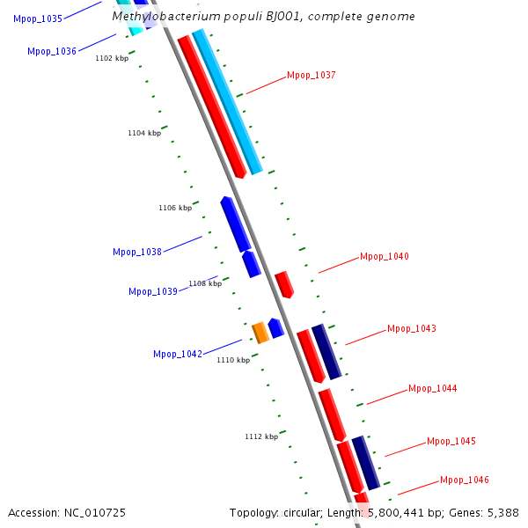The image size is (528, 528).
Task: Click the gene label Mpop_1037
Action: (311, 76)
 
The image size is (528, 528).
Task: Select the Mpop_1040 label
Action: (384, 257)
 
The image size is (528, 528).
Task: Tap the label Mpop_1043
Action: (411, 329)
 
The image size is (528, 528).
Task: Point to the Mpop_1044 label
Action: (432, 389)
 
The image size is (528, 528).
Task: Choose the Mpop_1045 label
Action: (451, 442)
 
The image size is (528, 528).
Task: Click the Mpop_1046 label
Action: (464, 480)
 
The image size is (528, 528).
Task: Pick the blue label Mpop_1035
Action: (38, 18)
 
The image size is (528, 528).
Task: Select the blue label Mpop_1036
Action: (51, 52)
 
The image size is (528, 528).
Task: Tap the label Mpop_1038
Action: (136, 253)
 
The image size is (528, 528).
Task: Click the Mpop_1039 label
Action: (152, 292)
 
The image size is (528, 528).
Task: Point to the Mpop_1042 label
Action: (177, 355)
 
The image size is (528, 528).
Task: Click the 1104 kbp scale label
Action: (143, 134)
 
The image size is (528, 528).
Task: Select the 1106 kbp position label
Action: (174, 209)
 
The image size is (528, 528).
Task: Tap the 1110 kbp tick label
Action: (233, 360)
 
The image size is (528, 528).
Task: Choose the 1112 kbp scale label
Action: (260, 436)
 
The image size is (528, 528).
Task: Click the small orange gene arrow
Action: (260, 333)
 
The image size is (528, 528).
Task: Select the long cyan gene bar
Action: (227, 101)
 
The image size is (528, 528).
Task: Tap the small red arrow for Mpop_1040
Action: (283, 284)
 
